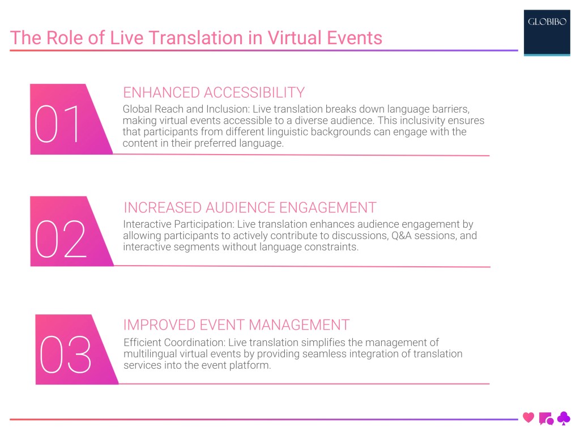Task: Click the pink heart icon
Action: pyautogui.click(x=528, y=418)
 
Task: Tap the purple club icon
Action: pyautogui.click(x=564, y=418)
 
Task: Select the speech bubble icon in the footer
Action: pyautogui.click(x=546, y=419)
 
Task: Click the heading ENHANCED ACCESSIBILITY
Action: pyautogui.click(x=214, y=92)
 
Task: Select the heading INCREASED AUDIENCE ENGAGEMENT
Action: pyautogui.click(x=250, y=207)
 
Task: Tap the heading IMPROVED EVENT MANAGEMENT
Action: pyautogui.click(x=236, y=325)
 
